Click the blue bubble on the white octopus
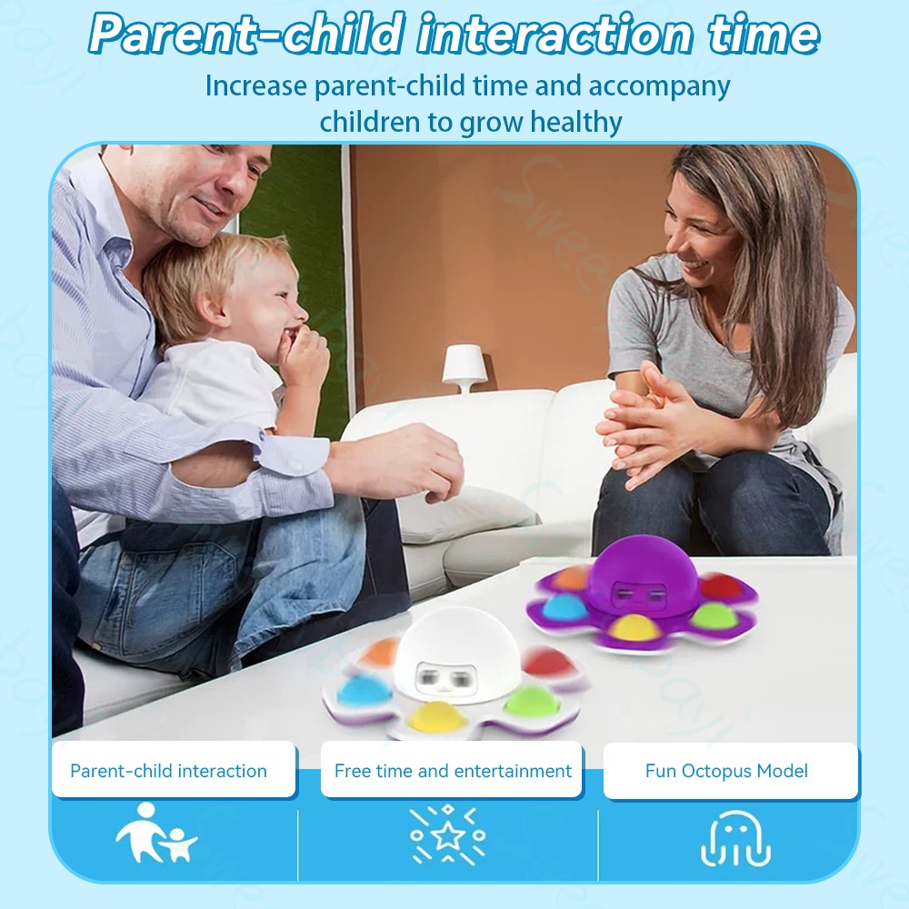[360, 689]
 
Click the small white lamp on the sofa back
[464, 369]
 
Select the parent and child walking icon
[156, 834]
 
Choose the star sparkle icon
[447, 834]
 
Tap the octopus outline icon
[735, 838]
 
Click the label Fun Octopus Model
[726, 771]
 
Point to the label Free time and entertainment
[453, 771]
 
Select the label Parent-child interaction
[169, 771]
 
